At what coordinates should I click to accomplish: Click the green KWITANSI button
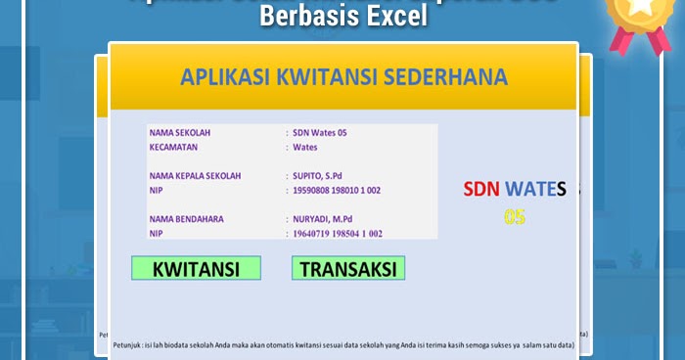[196, 269]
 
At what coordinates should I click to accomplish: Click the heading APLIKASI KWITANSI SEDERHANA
[342, 78]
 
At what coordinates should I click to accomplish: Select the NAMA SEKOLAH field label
[180, 132]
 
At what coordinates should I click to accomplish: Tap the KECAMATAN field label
[173, 148]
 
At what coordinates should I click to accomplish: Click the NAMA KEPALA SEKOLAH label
[195, 176]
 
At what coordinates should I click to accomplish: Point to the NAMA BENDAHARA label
[187, 219]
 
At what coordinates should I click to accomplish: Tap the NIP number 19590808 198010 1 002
[337, 191]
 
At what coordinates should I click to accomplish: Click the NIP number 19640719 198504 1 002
[338, 234]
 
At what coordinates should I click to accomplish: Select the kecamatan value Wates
[305, 148]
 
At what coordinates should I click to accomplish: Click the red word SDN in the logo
[481, 189]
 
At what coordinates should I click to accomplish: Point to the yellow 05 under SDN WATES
[515, 216]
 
